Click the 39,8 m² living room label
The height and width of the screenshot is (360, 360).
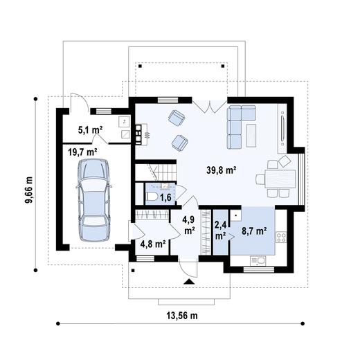click(x=222, y=170)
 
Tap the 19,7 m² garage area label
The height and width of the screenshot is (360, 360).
click(x=82, y=152)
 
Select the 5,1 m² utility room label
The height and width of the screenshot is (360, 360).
click(x=90, y=130)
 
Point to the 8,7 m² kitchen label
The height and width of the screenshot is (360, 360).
click(x=254, y=231)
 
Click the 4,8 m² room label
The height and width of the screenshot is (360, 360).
click(x=153, y=244)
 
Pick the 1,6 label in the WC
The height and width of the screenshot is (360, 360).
click(x=165, y=197)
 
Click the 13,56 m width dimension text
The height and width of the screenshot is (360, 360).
click(x=182, y=316)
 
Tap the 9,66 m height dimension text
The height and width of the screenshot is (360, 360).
click(x=29, y=190)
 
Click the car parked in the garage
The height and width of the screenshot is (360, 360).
click(x=93, y=200)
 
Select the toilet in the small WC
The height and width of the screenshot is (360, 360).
click(x=152, y=197)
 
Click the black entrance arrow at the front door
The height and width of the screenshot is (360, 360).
click(x=189, y=281)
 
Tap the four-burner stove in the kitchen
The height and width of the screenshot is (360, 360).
click(x=281, y=237)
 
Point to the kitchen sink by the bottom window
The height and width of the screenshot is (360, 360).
click(x=258, y=261)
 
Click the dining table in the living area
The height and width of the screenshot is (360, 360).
click(x=280, y=179)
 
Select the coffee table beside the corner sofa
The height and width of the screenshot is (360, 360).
click(x=251, y=136)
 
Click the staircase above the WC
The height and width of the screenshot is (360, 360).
click(x=156, y=172)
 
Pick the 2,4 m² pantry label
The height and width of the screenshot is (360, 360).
click(x=221, y=231)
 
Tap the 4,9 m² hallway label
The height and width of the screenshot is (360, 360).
click(x=189, y=225)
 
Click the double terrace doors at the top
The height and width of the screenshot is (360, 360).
click(x=210, y=107)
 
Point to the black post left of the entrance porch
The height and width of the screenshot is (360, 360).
click(x=133, y=271)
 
